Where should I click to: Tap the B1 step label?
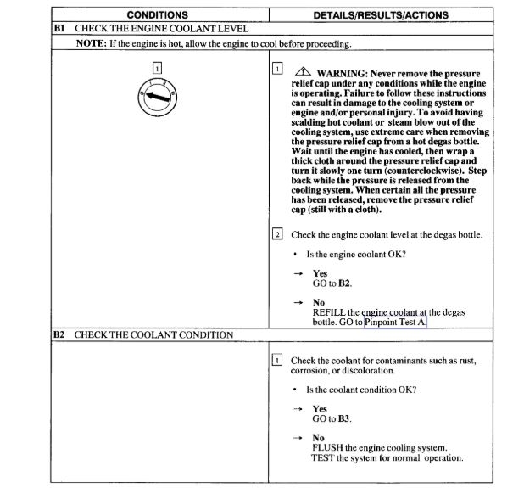tap(59, 29)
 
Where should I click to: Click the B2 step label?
tap(59, 334)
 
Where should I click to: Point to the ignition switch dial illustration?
tap(156, 99)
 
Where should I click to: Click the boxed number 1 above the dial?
tap(156, 67)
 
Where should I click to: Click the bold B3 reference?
tap(343, 418)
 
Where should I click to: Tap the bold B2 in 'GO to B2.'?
tap(343, 283)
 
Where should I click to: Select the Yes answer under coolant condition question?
tap(320, 408)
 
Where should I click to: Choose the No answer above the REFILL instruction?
tap(319, 303)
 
